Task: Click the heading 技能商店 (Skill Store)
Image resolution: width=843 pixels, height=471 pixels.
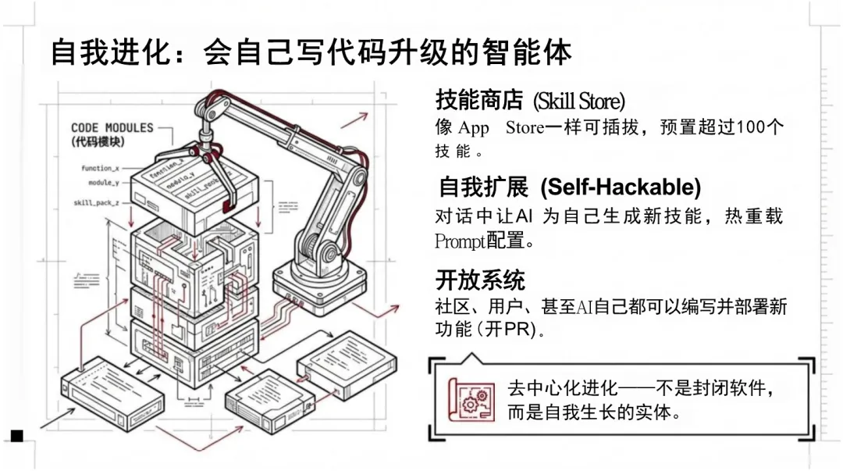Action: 530,101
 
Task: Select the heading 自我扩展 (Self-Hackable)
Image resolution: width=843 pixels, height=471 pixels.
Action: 569,187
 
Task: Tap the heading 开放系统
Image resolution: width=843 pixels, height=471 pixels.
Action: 479,279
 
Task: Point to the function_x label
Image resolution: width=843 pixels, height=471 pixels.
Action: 100,168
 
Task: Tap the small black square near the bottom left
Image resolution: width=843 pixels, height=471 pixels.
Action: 16,435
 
